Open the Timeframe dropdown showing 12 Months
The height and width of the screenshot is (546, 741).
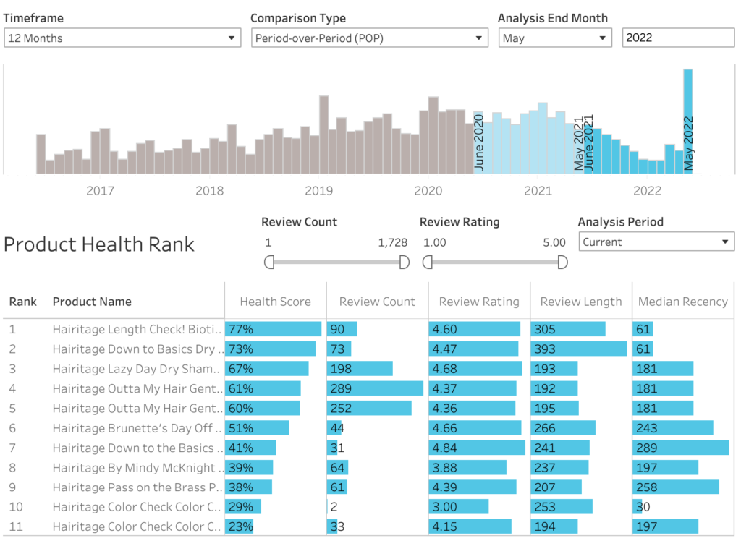pos(122,38)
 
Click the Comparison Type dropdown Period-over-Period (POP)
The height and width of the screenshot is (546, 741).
pos(370,38)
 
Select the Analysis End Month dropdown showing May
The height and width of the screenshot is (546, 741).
pos(555,38)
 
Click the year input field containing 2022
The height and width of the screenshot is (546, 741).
pos(677,38)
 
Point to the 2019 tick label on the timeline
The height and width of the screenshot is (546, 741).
pos(319,191)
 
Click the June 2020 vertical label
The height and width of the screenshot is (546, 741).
pos(478,142)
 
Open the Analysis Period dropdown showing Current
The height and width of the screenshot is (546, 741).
pos(656,242)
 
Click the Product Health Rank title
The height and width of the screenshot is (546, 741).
pos(99,244)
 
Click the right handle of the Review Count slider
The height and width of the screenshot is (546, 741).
pos(405,262)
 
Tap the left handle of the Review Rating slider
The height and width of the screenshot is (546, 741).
pos(428,262)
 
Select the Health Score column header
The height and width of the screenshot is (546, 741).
pos(275,302)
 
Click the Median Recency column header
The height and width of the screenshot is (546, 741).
pos(682,302)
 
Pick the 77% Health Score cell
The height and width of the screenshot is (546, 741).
pos(241,330)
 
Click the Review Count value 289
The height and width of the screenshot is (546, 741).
pos(342,388)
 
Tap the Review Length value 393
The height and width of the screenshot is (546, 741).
pos(545,349)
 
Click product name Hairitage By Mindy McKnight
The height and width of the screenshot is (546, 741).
pos(134,468)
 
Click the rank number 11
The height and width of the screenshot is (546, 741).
pos(16,526)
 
